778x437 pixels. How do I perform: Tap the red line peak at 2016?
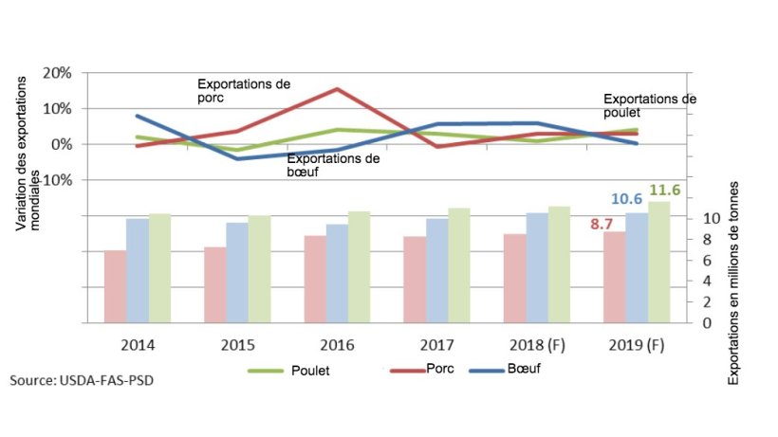pyautogui.click(x=337, y=89)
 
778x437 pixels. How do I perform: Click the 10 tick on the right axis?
pyautogui.click(x=708, y=218)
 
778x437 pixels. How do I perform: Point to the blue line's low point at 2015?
pyautogui.click(x=238, y=158)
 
